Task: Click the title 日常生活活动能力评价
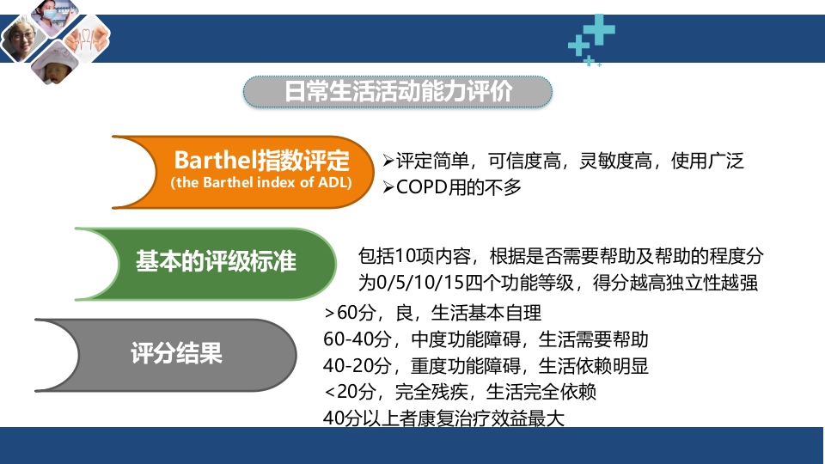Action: [398, 92]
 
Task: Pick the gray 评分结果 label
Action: [176, 352]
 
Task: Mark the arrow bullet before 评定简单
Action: [388, 161]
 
